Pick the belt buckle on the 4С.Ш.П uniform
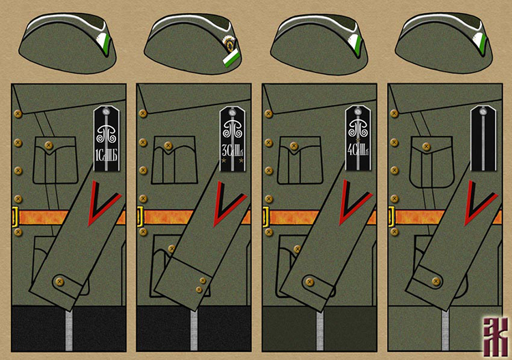[x=266, y=217]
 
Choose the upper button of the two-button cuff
[x=203, y=279]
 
